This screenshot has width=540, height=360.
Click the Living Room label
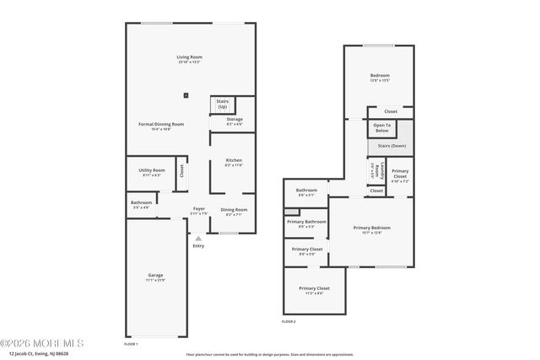189,57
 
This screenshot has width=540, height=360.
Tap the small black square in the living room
187,94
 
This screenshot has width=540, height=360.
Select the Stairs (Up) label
222,105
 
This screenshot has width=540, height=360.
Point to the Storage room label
234,120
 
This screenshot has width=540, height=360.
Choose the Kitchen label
233,160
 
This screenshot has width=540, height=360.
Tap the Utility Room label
152,170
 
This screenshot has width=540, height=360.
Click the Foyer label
198,208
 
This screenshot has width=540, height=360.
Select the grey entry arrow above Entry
198,239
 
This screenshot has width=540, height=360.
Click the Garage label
155,275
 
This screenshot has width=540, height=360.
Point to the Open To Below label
381,128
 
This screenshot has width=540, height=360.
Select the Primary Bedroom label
371,228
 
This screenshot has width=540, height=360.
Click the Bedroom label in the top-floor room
380,75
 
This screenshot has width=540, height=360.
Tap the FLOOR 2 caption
289,321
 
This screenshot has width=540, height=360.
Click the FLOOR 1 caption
131,344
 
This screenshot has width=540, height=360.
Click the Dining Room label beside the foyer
234,209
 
